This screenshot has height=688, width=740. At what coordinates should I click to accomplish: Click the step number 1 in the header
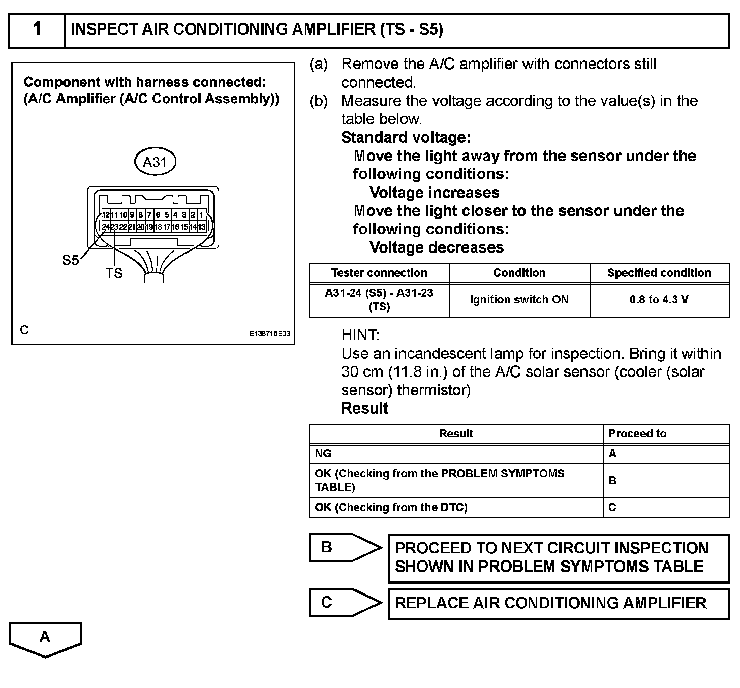(37, 29)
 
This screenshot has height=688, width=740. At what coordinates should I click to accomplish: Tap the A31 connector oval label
(155, 162)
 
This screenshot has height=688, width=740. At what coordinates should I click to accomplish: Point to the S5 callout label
(70, 260)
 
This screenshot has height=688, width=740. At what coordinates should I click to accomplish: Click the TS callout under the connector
(114, 273)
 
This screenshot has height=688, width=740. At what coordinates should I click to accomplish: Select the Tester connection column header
(379, 273)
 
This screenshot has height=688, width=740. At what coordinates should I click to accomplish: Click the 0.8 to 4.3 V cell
(659, 300)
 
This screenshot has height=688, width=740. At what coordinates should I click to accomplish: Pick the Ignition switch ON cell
(519, 300)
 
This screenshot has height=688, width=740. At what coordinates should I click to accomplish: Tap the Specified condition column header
(659, 273)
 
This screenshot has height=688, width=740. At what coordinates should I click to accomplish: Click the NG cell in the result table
(323, 453)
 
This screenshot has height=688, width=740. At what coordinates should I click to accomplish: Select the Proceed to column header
(637, 433)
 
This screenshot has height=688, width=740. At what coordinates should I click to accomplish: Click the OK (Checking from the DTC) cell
(391, 507)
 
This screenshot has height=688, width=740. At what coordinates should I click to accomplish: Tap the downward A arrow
(45, 639)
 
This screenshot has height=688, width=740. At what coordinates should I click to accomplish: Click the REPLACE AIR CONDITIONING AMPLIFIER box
(559, 604)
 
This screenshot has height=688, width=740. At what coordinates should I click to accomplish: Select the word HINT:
(360, 335)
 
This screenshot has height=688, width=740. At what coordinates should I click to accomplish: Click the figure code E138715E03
(269, 334)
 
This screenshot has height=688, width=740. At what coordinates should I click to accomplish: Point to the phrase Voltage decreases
(437, 247)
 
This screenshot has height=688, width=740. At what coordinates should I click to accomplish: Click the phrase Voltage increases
(435, 193)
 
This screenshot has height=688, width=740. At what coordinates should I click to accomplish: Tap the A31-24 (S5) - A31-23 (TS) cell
(379, 300)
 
